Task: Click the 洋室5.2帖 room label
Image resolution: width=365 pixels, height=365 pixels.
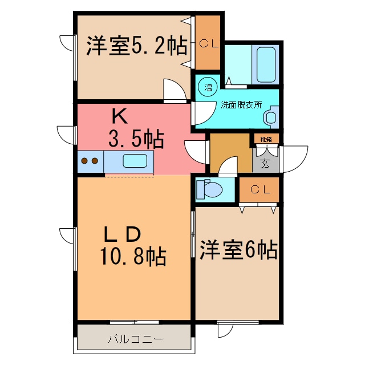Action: (x=137, y=46)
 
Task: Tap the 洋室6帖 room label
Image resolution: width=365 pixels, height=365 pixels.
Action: (x=238, y=249)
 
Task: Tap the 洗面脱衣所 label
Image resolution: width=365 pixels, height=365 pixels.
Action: (x=241, y=105)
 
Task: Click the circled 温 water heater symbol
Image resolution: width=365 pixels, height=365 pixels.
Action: (x=208, y=87)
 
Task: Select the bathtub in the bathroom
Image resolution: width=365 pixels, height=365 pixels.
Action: (x=266, y=64)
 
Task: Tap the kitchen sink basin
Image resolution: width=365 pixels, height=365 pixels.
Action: (x=137, y=161)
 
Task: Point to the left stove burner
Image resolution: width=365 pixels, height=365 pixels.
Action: (x=85, y=161)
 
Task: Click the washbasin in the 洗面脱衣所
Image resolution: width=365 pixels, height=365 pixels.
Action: (x=270, y=117)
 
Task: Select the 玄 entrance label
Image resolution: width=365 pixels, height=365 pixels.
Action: (x=265, y=164)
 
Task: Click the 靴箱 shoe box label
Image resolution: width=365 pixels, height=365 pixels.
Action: (x=266, y=139)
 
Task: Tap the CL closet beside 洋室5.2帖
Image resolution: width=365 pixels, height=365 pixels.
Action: (x=208, y=43)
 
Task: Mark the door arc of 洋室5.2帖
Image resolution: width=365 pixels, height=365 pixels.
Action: (x=174, y=90)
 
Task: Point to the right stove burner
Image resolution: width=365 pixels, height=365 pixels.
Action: (x=95, y=161)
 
